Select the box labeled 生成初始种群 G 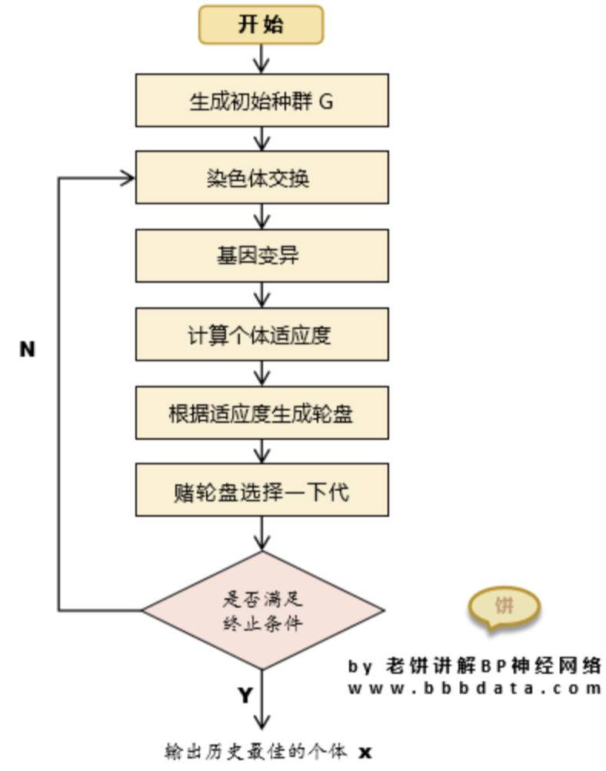(x=261, y=101)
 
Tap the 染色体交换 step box (x=261, y=179)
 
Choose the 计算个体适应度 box (x=261, y=335)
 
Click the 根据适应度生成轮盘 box (x=261, y=413)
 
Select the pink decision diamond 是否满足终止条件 (x=261, y=612)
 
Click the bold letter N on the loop (x=27, y=349)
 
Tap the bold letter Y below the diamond (x=244, y=696)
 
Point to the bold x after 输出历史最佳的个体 (x=366, y=750)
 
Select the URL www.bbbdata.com (x=474, y=689)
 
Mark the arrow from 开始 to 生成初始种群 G (x=262, y=58)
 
